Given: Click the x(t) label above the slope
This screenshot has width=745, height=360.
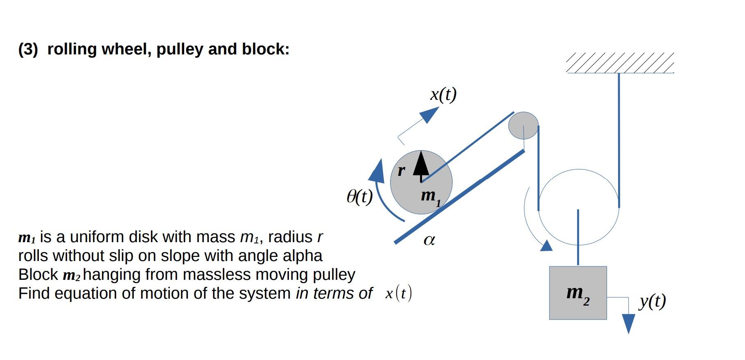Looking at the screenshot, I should coord(443,94).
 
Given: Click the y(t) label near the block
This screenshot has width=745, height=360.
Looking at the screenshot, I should coord(652,301).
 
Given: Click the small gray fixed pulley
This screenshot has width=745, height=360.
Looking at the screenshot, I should coord(523,125).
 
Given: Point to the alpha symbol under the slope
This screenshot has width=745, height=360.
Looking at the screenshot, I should coord(429,240).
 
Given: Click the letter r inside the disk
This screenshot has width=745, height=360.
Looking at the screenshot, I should coord(402,170).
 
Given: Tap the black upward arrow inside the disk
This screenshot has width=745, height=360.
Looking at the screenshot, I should coord(421,164).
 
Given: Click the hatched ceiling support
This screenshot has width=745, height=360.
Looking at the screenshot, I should coord(620,63).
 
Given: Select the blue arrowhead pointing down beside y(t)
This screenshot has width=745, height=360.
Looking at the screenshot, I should coord(628,323).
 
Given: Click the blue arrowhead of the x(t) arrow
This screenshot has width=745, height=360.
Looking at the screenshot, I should coord(430,114).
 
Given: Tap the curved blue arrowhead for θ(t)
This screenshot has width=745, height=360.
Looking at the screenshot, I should coord(377,172).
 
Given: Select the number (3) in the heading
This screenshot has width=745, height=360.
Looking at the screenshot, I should coord(28,49).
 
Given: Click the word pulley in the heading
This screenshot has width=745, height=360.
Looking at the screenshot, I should coord(180,49).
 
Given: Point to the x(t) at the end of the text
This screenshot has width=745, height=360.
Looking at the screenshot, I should coord(398,293).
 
